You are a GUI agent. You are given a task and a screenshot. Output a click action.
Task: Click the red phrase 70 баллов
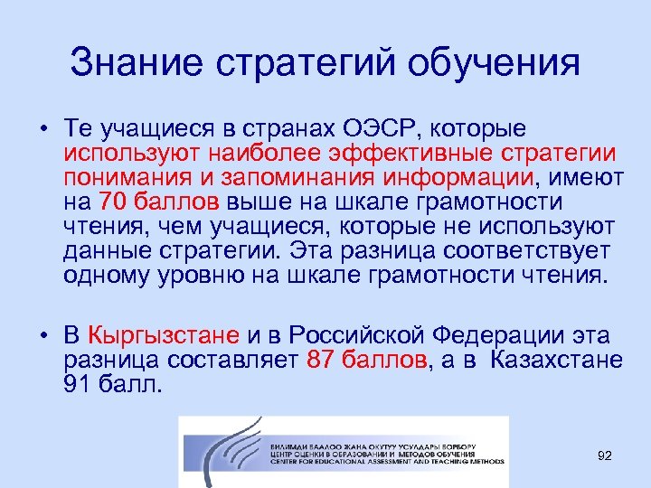[x=157, y=201]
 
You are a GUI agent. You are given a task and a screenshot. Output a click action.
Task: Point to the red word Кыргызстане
[x=164, y=336]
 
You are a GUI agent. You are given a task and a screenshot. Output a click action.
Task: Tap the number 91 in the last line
[x=79, y=386]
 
